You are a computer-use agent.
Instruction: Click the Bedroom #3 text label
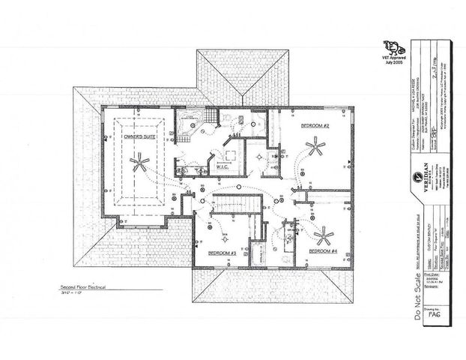click(223, 253)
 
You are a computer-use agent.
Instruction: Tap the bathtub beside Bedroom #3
click(259, 251)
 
